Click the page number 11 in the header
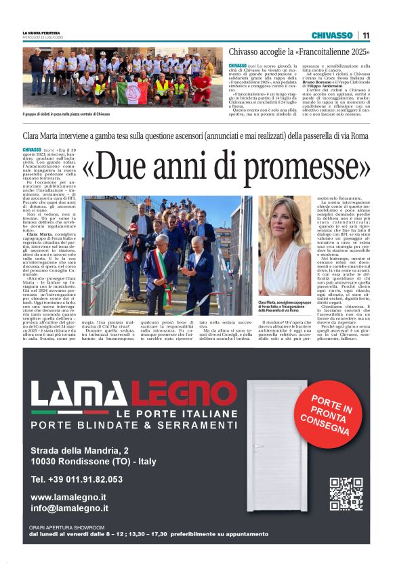coord(366,35)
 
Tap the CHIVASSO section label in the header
coord(332,35)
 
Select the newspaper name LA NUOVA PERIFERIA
coord(42,32)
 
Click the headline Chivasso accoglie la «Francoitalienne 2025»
coord(299,52)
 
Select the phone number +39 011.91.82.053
coord(77,479)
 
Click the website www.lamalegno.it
coord(70,498)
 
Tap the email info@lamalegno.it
coord(69,508)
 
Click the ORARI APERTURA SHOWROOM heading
coord(67,527)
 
